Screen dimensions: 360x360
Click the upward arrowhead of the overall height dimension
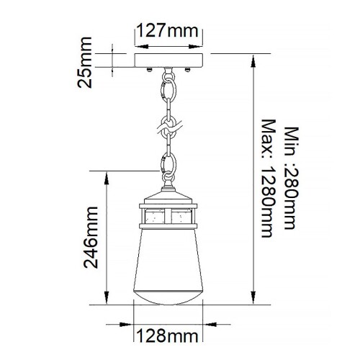coord(252,60)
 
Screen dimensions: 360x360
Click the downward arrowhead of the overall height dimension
coord(252,302)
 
